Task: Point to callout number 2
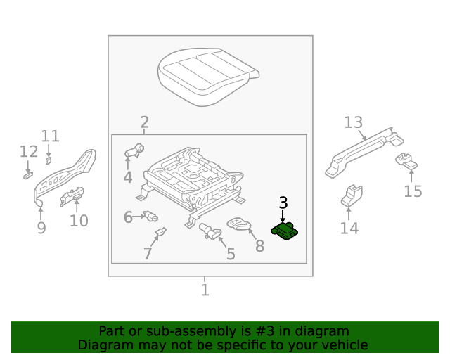point(144,122)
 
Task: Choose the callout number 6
point(129,217)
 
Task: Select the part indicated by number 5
point(209,229)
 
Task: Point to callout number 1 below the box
point(205,289)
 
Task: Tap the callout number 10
point(79,221)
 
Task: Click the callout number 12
point(28,152)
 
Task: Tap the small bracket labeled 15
point(406,161)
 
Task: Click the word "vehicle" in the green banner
point(344,345)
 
